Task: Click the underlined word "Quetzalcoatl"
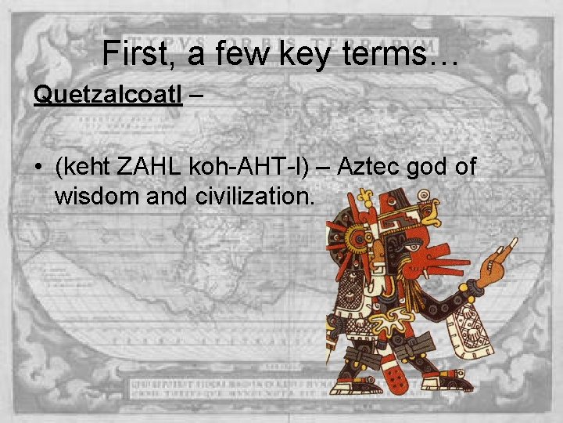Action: (108, 95)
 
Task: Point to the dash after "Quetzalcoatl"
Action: (195, 95)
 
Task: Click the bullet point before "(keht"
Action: (38, 167)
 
